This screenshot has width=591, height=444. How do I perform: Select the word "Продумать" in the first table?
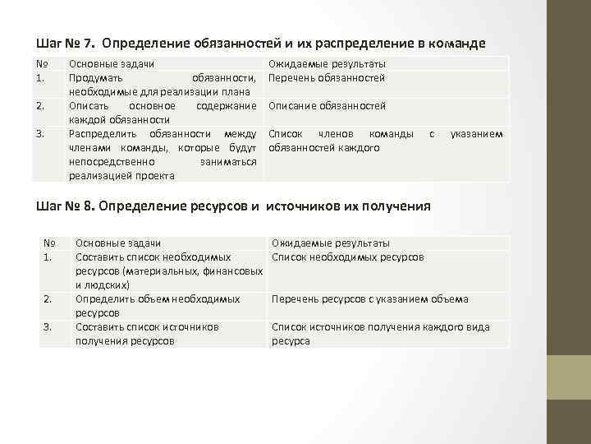[x=94, y=78]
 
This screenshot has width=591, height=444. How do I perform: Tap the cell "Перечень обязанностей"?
[x=327, y=78]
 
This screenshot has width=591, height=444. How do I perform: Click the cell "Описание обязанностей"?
[x=327, y=106]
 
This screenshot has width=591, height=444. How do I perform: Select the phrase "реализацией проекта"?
[x=121, y=175]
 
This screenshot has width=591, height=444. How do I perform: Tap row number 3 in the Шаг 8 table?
[x=48, y=326]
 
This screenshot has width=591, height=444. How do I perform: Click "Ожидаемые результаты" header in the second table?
[x=331, y=243]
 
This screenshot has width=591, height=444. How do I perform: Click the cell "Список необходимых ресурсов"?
[x=347, y=257]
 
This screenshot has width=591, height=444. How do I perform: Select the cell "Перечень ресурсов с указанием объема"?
[x=369, y=299]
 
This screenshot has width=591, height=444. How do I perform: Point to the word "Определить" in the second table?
[x=103, y=299]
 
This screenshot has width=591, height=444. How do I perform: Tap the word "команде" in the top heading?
[x=456, y=43]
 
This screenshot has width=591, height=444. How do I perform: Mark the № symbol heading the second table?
[x=48, y=243]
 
